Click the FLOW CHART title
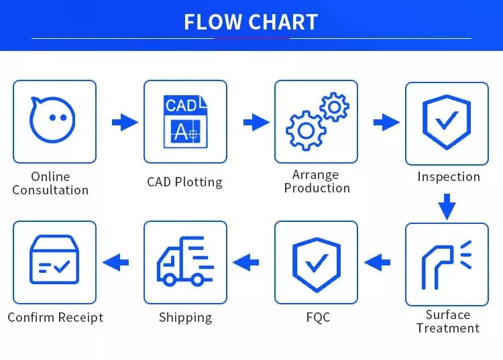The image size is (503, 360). (251, 22)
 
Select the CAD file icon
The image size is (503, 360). (185, 122)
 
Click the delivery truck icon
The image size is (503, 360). (185, 261)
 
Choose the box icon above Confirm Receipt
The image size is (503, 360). (54, 259)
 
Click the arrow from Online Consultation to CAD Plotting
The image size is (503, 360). (125, 122)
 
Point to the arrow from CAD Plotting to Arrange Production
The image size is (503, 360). (256, 122)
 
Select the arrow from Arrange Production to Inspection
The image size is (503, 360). (386, 122)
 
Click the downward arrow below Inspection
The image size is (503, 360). (447, 206)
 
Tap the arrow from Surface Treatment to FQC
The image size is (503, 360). (377, 263)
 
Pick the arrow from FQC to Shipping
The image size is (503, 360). (245, 263)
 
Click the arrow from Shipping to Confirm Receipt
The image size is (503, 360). (115, 263)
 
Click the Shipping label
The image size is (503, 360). (185, 317)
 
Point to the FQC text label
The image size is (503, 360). (318, 317)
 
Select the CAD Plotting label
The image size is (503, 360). (185, 182)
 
